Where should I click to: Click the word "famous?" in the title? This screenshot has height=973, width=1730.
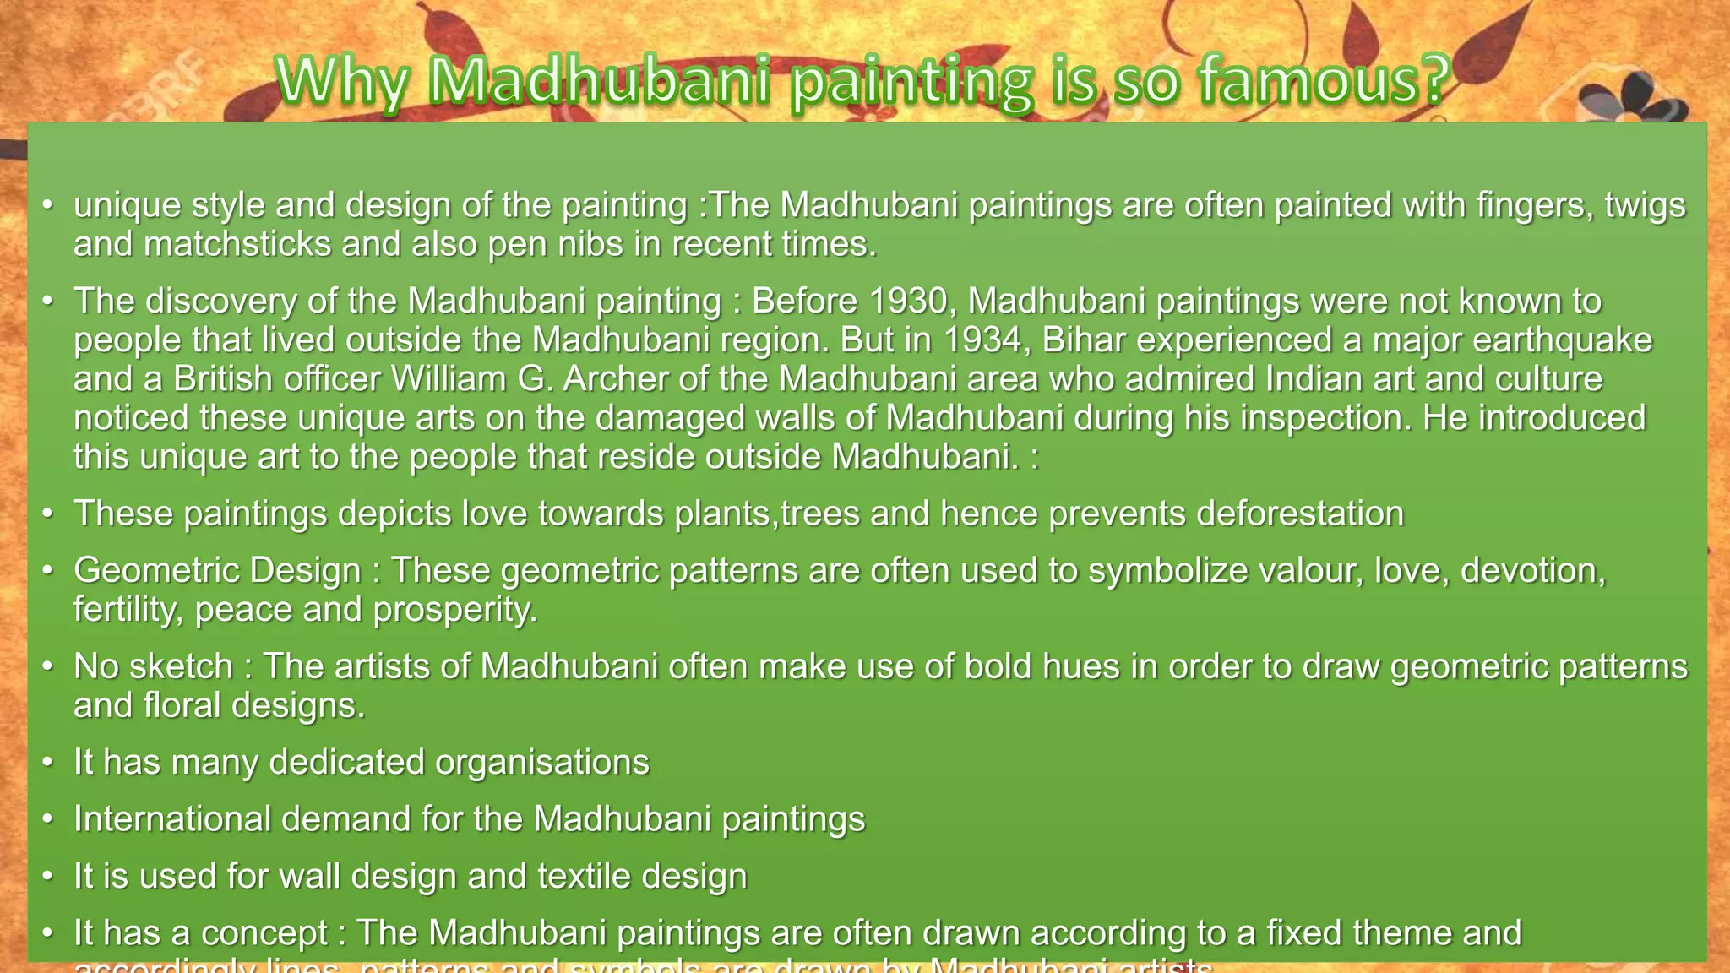tap(1324, 82)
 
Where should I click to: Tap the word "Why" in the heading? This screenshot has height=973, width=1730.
tap(342, 82)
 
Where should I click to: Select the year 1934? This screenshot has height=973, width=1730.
tap(986, 340)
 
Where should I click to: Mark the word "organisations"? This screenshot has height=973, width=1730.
tap(542, 763)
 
